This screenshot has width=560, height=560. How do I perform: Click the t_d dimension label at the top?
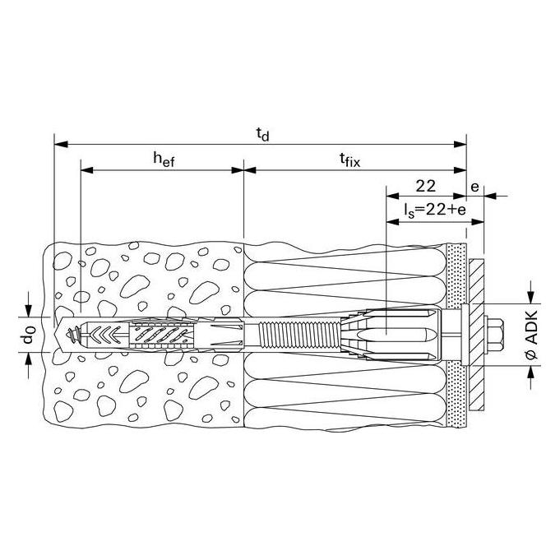[262, 135]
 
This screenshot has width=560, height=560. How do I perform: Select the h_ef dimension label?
[164, 159]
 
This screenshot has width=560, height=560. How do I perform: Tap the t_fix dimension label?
[350, 160]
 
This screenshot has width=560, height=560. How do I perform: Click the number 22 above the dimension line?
[425, 186]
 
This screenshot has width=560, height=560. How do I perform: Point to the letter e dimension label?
[474, 187]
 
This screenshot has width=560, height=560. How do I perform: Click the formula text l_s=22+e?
[435, 210]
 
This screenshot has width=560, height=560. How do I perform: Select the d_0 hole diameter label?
[29, 335]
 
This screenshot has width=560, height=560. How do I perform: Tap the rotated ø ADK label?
[532, 335]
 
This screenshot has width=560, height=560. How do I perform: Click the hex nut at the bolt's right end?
[494, 335]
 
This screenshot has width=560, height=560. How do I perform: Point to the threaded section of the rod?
[299, 335]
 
